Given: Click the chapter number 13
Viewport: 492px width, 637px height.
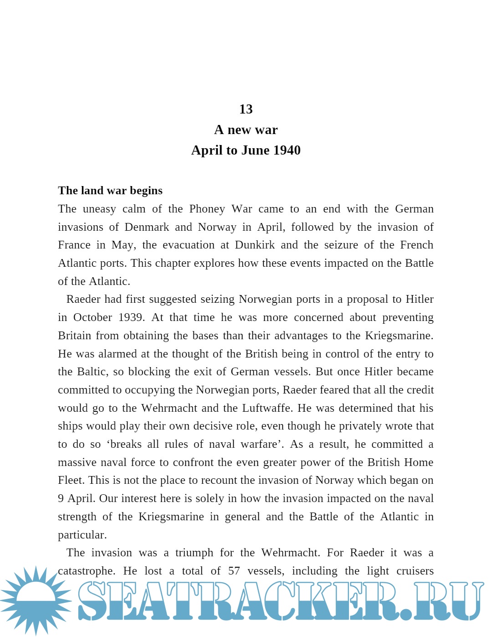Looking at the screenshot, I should pos(246,109).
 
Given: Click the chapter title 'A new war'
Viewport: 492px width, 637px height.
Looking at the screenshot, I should pos(246,130).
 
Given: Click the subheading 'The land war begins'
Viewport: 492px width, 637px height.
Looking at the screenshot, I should pos(110,191).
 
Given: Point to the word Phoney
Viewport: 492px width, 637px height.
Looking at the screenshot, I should pos(207,209).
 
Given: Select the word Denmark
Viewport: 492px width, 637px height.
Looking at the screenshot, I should pos(147,227).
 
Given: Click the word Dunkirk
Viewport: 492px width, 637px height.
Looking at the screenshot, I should pos(255,245).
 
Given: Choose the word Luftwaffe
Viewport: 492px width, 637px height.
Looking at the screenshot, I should pos(268,408).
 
